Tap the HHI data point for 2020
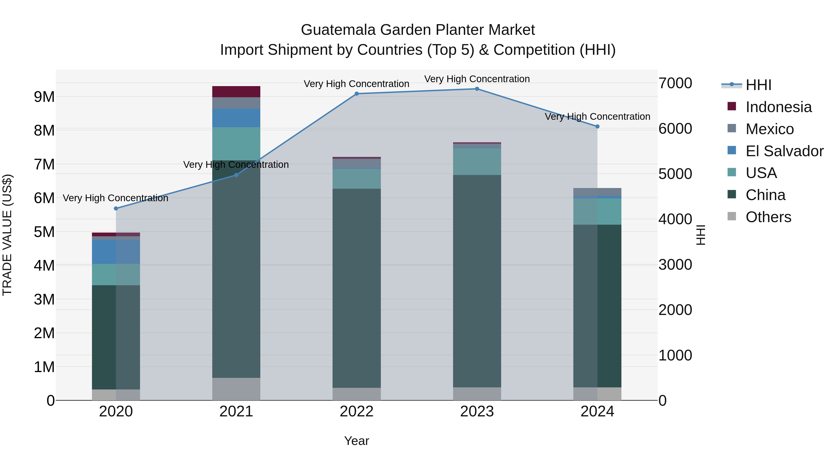(x=116, y=209)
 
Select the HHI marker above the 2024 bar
(x=597, y=126)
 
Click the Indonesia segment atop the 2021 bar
(x=236, y=91)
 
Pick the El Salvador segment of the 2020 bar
(x=116, y=252)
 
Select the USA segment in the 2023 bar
(x=477, y=162)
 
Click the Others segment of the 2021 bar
(x=236, y=389)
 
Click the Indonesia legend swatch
(x=732, y=106)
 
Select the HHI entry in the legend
(x=758, y=85)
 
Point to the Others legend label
(x=768, y=217)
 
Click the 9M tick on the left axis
(x=44, y=97)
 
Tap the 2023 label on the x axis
(x=477, y=412)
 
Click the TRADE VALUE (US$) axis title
(x=7, y=235)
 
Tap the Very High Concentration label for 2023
(x=477, y=79)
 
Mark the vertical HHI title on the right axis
(x=701, y=235)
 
